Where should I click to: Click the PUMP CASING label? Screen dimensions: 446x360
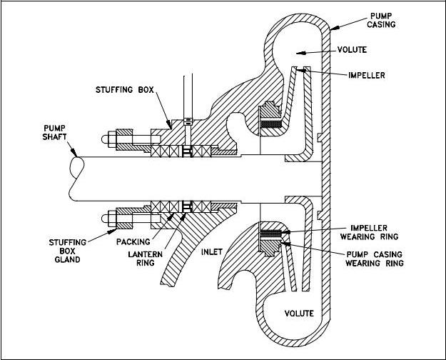pyautogui.click(x=381, y=20)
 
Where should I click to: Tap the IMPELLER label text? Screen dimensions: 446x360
pyautogui.click(x=367, y=76)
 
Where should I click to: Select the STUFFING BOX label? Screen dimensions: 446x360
pyautogui.click(x=125, y=90)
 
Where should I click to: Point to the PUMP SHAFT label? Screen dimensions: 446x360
pyautogui.click(x=55, y=132)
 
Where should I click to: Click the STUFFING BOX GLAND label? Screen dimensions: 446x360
pyautogui.click(x=67, y=251)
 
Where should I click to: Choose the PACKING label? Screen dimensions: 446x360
pyautogui.click(x=133, y=242)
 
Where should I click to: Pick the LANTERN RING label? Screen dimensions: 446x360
pyautogui.click(x=146, y=259)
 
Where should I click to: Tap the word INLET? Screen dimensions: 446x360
pyautogui.click(x=212, y=252)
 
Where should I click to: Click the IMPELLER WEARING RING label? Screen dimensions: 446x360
pyautogui.click(x=369, y=232)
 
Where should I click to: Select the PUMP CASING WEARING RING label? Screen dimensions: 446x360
pyautogui.click(x=375, y=259)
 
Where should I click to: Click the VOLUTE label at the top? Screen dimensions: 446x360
pyautogui.click(x=352, y=50)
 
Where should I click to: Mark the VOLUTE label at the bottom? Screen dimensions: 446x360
pyautogui.click(x=299, y=314)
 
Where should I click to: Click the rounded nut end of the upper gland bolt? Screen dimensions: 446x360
pyautogui.click(x=105, y=139)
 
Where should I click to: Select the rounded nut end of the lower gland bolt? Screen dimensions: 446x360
pyautogui.click(x=105, y=219)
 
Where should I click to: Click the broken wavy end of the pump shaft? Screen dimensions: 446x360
pyautogui.click(x=76, y=179)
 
